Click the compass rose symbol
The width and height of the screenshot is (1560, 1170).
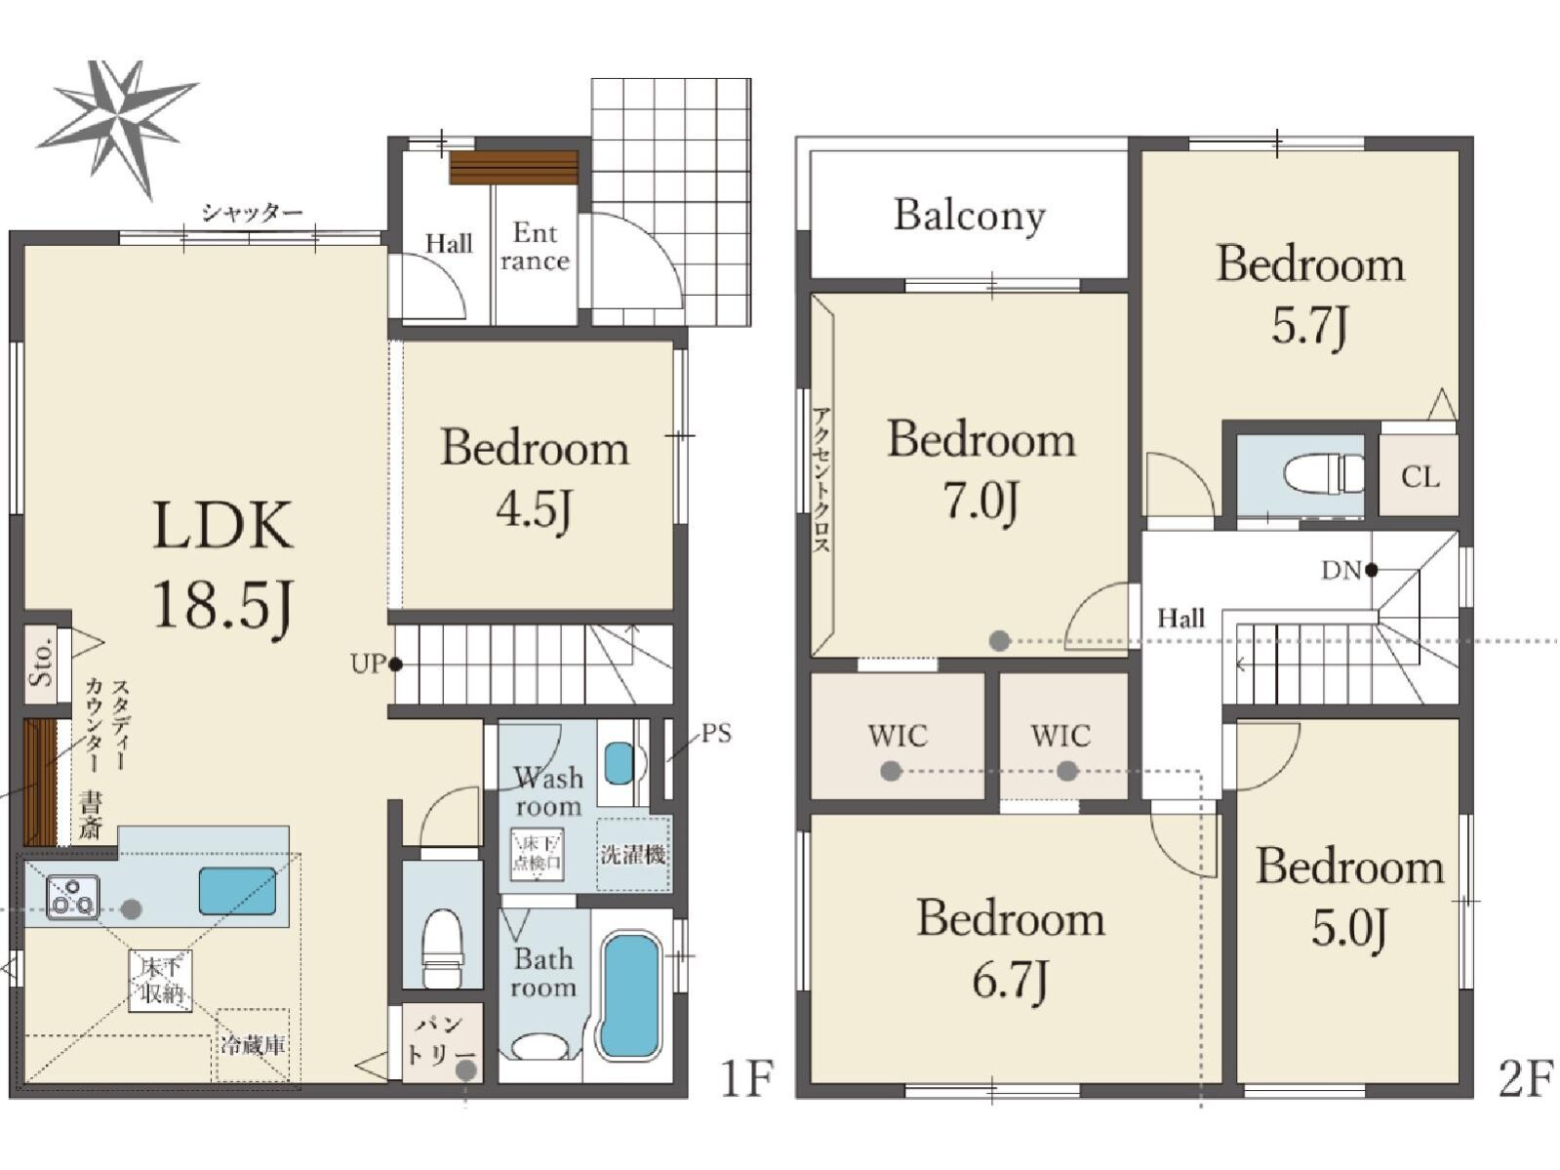[x=118, y=128]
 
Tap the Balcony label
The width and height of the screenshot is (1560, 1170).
[x=970, y=216]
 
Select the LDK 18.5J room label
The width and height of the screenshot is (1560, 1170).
[x=223, y=565]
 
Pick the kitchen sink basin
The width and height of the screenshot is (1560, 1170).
[x=237, y=891]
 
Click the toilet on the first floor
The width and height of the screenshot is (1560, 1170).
[x=443, y=948]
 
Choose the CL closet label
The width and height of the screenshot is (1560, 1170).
[x=1420, y=477]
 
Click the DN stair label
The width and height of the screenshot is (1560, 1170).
[x=1340, y=570]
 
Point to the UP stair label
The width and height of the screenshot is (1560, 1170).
[x=368, y=665]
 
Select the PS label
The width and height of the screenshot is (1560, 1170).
[x=716, y=733]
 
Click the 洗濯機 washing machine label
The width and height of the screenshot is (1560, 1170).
[x=632, y=854]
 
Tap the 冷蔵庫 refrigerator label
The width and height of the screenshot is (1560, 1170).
[x=253, y=1045]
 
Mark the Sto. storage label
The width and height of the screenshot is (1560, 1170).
[x=41, y=662]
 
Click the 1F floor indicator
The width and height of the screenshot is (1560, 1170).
[x=747, y=1078]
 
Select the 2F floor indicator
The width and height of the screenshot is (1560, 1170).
[x=1525, y=1078]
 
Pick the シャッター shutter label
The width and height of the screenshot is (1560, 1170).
[x=253, y=212]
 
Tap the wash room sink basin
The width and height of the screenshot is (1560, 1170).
[x=620, y=763]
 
